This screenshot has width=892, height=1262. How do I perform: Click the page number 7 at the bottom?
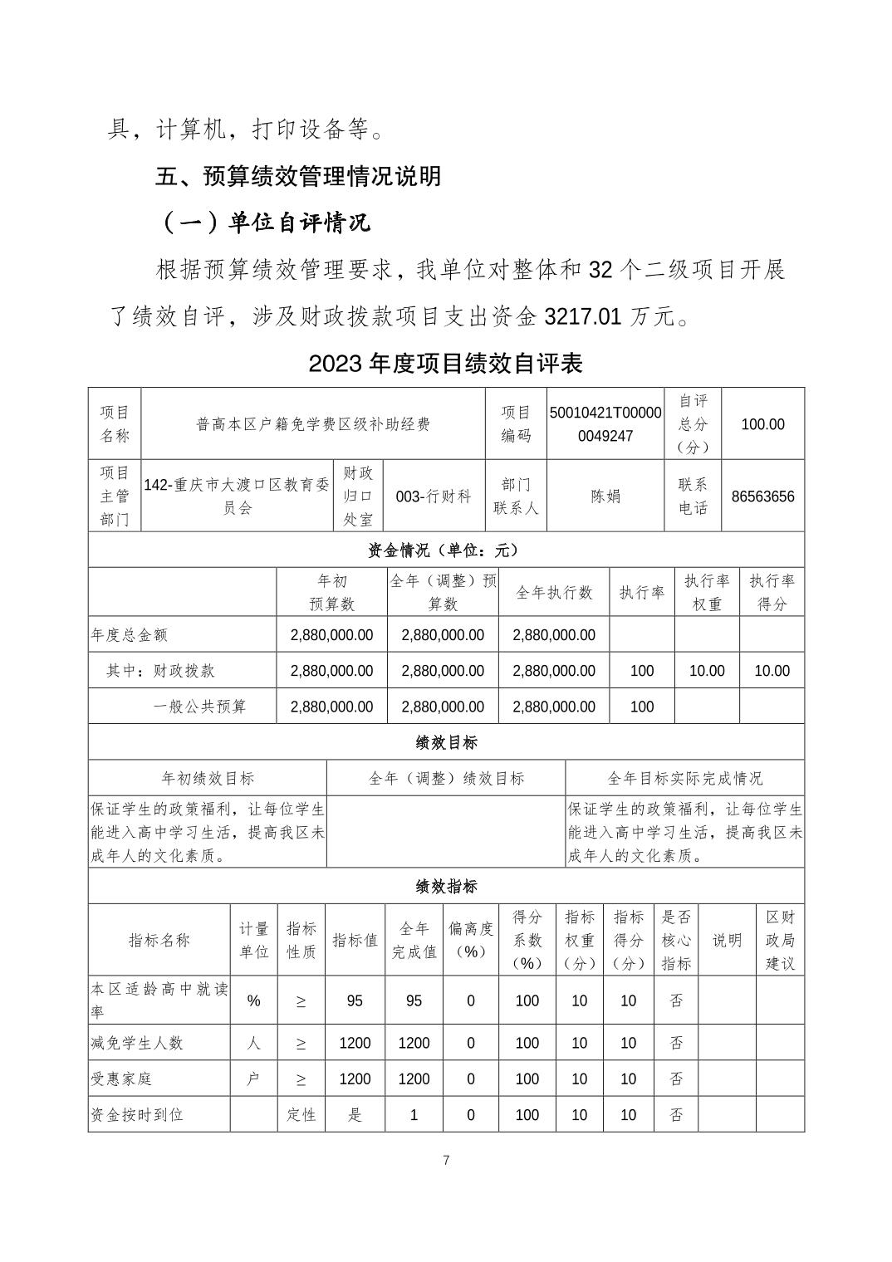click(x=446, y=1160)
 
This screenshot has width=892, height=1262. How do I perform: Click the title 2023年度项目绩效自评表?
click(x=446, y=363)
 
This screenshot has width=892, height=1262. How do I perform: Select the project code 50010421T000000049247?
click(x=605, y=423)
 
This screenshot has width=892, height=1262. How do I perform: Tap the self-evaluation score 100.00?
click(x=762, y=424)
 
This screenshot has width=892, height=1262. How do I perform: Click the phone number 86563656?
click(x=762, y=496)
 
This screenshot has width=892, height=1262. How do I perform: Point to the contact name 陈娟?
click(x=605, y=496)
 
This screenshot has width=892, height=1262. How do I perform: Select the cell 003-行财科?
click(x=434, y=496)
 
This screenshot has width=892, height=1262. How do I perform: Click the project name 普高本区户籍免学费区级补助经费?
click(x=313, y=424)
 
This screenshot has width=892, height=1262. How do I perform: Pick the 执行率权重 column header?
click(x=707, y=592)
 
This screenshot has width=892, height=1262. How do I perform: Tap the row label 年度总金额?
click(x=130, y=635)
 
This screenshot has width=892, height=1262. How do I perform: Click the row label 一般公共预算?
click(x=200, y=707)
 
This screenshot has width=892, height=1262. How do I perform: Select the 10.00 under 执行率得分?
click(x=772, y=671)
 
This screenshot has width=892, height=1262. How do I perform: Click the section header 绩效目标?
click(x=446, y=742)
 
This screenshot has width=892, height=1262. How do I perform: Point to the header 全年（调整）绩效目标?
click(x=446, y=778)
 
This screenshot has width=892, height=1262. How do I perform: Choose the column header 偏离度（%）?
click(x=470, y=940)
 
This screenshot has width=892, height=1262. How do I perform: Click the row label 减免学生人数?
click(x=137, y=1043)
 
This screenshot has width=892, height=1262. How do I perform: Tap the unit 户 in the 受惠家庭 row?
click(x=253, y=1079)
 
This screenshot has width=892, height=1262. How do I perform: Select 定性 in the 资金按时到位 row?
click(x=301, y=1115)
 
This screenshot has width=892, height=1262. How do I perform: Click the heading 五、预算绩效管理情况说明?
click(x=298, y=177)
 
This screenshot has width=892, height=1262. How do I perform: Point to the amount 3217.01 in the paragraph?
click(x=582, y=316)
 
